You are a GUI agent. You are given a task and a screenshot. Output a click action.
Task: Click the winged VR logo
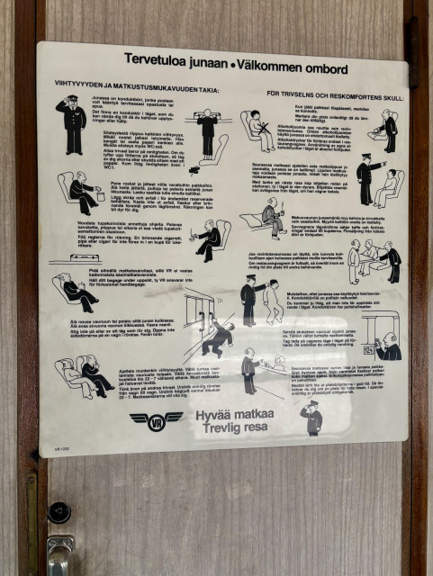pyautogui.click(x=155, y=419)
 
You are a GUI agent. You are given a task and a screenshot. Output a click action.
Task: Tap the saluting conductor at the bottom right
pyautogui.click(x=312, y=418)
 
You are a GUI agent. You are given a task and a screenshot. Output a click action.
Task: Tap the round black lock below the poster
pyautogui.click(x=59, y=512)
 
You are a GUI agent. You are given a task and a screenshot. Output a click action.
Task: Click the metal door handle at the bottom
pyautogui.click(x=59, y=554)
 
